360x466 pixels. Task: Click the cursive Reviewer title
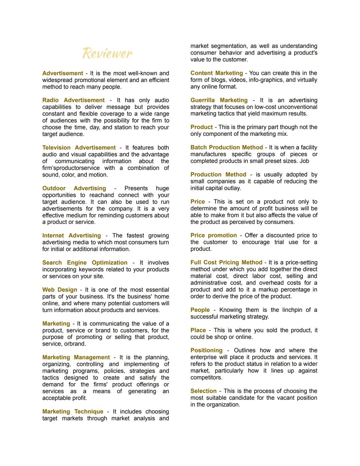pyautogui.click(x=107, y=53)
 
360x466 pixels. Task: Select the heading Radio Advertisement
pyautogui.click(x=73, y=100)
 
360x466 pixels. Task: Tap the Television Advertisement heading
pyautogui.click(x=79, y=147)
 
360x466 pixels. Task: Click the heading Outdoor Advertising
pyautogui.click(x=74, y=188)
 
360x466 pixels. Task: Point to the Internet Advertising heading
pyautogui.click(x=71, y=236)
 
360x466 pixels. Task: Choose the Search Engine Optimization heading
pyautogui.click(x=85, y=263)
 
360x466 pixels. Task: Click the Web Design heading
pyautogui.click(x=60, y=290)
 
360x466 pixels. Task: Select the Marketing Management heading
pyautogui.click(x=76, y=357)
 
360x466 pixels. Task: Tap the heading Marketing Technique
pyautogui.click(x=73, y=411)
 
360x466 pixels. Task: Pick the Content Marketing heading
pyautogui.click(x=217, y=73)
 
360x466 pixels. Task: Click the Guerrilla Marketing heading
pyautogui.click(x=219, y=100)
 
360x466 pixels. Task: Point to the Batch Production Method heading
pyautogui.click(x=227, y=147)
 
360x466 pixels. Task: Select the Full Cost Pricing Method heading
pyautogui.click(x=226, y=263)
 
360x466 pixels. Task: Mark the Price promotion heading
pyautogui.click(x=214, y=235)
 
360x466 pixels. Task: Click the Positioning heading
pyautogui.click(x=206, y=350)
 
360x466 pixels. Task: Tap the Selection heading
pyautogui.click(x=203, y=391)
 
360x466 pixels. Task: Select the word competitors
pyautogui.click(x=206, y=378)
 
